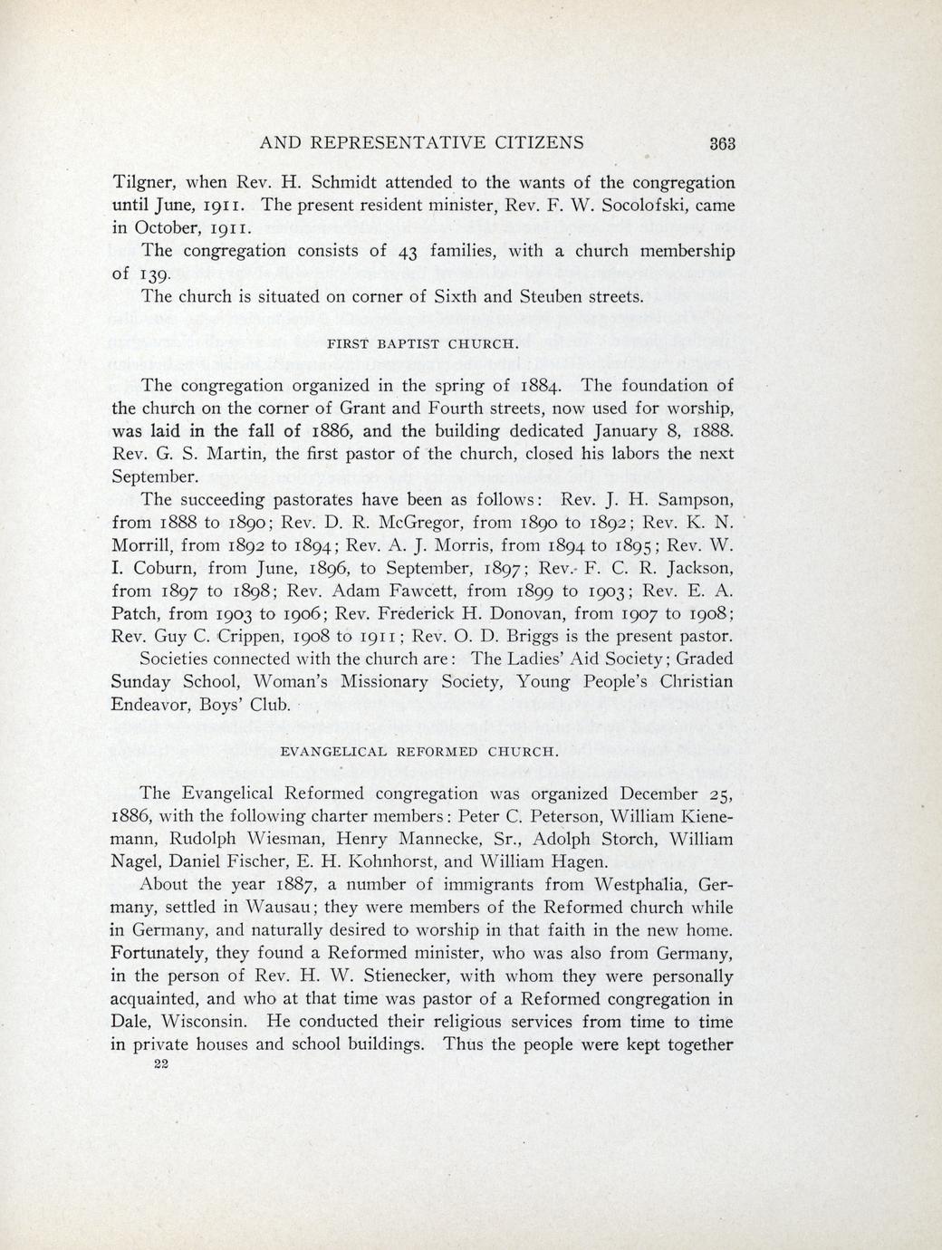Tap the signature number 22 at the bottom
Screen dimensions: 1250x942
[x=163, y=1066]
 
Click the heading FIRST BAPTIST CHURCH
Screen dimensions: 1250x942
[x=421, y=344]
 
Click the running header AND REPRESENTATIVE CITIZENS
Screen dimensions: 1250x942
[x=421, y=142]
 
